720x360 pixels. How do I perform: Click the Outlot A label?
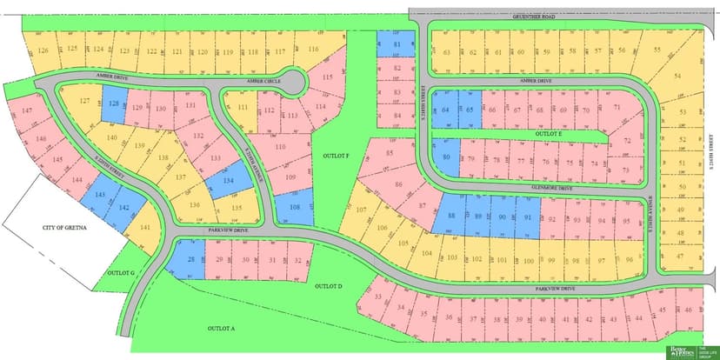[222, 329]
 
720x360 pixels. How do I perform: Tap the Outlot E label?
[547, 134]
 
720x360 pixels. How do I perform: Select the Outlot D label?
[329, 285]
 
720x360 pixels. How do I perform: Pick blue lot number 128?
[115, 105]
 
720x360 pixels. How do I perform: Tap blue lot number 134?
[229, 180]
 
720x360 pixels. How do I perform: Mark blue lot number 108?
[296, 208]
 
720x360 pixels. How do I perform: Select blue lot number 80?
[446, 157]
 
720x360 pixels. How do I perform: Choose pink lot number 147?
[27, 111]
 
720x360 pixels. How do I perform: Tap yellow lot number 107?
[361, 210]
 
